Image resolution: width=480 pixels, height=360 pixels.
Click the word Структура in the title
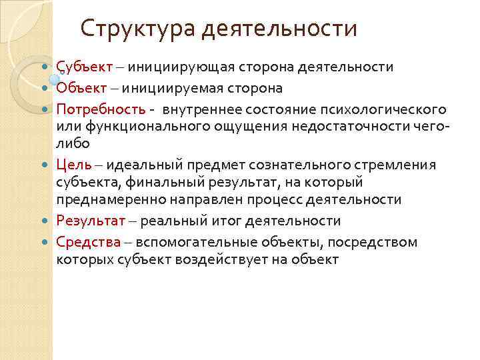(x=137, y=29)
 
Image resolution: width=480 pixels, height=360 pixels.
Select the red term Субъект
(x=84, y=67)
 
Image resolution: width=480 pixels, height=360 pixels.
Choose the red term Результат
(x=89, y=221)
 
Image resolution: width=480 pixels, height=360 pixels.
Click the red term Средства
(x=89, y=241)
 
